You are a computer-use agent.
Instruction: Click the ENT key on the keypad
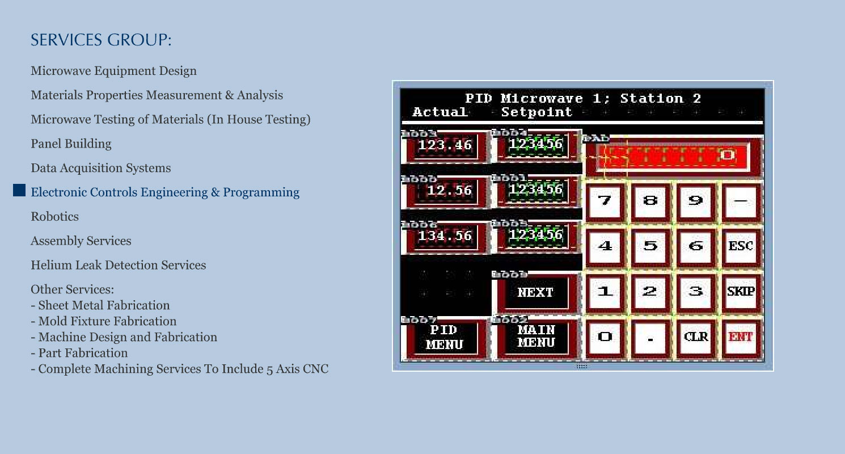coord(741,337)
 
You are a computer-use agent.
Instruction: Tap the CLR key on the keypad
coord(696,337)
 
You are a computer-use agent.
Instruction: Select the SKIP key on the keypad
coord(741,292)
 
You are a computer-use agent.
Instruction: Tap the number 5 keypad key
coord(650,246)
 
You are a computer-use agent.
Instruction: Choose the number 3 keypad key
coord(696,292)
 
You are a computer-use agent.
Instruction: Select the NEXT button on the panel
coord(535,292)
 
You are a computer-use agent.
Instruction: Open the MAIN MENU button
coord(535,337)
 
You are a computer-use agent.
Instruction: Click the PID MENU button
coord(444,337)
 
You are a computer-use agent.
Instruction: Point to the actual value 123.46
coord(445,146)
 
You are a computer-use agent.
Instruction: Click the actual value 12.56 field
coord(445,191)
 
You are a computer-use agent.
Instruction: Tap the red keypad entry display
coord(673,155)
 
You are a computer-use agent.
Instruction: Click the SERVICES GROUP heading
coord(101,41)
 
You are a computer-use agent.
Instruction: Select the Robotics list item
coord(54,217)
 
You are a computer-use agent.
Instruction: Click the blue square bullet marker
coord(20,191)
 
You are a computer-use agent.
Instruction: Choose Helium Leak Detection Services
coord(118,265)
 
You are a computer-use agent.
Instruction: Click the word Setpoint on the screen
coord(536,112)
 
